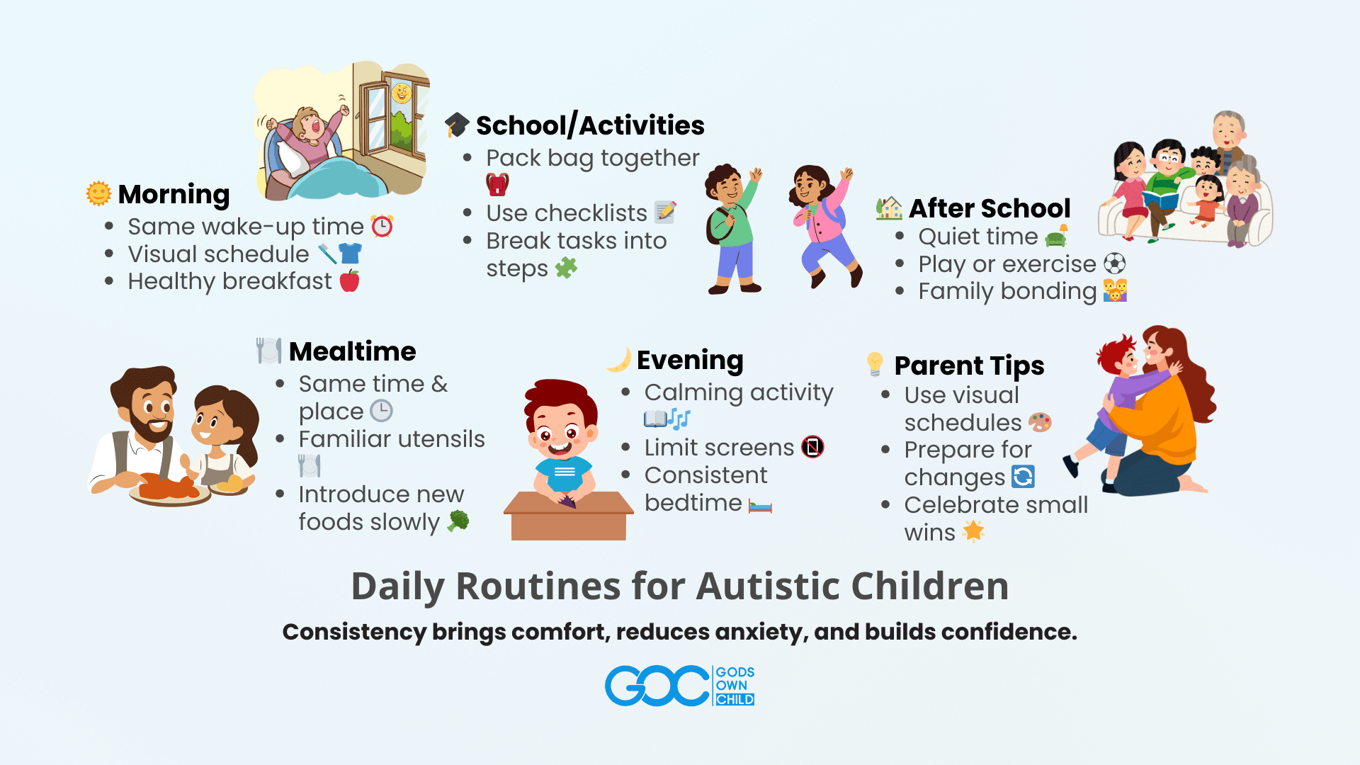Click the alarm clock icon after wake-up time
[382, 226]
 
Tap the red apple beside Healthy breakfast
[350, 281]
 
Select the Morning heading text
[174, 194]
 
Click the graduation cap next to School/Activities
[457, 125]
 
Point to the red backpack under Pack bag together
[497, 184]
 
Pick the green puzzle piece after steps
[567, 268]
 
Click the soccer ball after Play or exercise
[1115, 263]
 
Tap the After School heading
[990, 208]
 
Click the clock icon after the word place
[382, 411]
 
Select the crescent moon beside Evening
[619, 360]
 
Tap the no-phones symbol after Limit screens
[813, 447]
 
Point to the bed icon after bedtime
[760, 506]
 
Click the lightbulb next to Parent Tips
[875, 364]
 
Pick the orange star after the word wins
[974, 531]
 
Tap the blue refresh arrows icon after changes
[1024, 477]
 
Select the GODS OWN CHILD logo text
[735, 686]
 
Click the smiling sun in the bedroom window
[402, 93]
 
